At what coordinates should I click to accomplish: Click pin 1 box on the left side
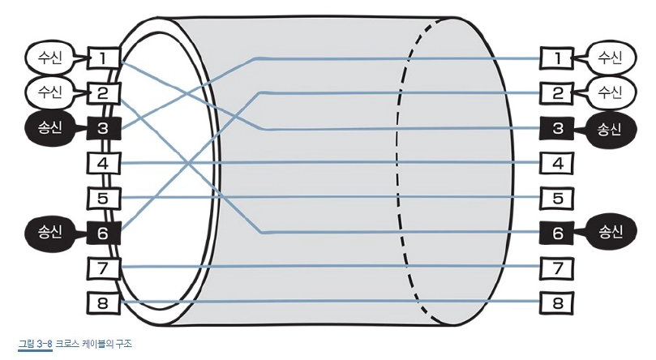[x=103, y=58]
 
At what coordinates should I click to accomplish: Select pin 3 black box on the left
[x=103, y=127]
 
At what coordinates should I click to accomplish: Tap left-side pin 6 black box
[x=103, y=232]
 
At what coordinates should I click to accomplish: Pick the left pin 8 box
[x=103, y=302]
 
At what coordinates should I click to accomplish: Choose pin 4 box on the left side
[x=103, y=163]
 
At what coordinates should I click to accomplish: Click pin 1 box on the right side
[x=557, y=58]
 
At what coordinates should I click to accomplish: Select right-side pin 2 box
[x=557, y=92]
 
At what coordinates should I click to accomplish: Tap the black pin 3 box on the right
[x=557, y=127]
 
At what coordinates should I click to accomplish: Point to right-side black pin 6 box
[x=557, y=232]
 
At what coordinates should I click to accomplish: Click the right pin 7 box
[x=557, y=267]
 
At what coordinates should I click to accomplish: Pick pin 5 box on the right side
[x=557, y=197]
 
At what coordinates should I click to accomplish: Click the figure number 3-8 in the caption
[x=45, y=344]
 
